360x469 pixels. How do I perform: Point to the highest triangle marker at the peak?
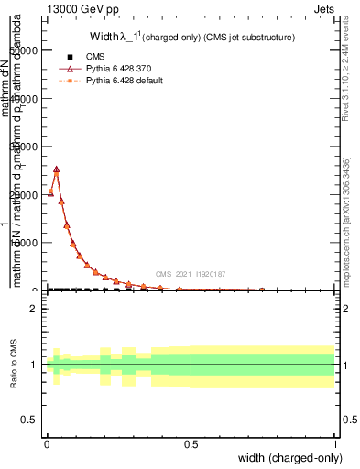click(56, 169)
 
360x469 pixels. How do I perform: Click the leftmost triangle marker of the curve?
click(50, 193)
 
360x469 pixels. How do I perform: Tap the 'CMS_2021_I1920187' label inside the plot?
click(191, 273)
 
